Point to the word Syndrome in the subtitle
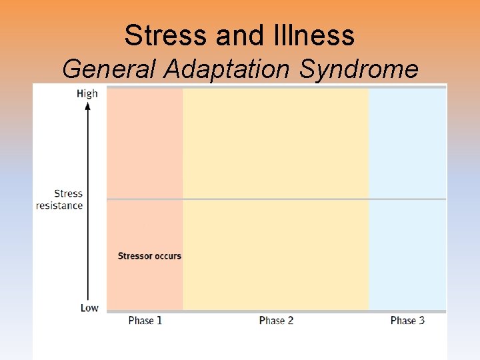point(359,69)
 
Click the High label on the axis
point(87,93)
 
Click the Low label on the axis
point(89,307)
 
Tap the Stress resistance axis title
point(60,199)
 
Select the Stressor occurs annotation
point(149,256)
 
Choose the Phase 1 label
point(145,321)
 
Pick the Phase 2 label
point(276,321)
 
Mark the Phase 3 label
point(407,321)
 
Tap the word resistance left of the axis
point(60,205)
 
